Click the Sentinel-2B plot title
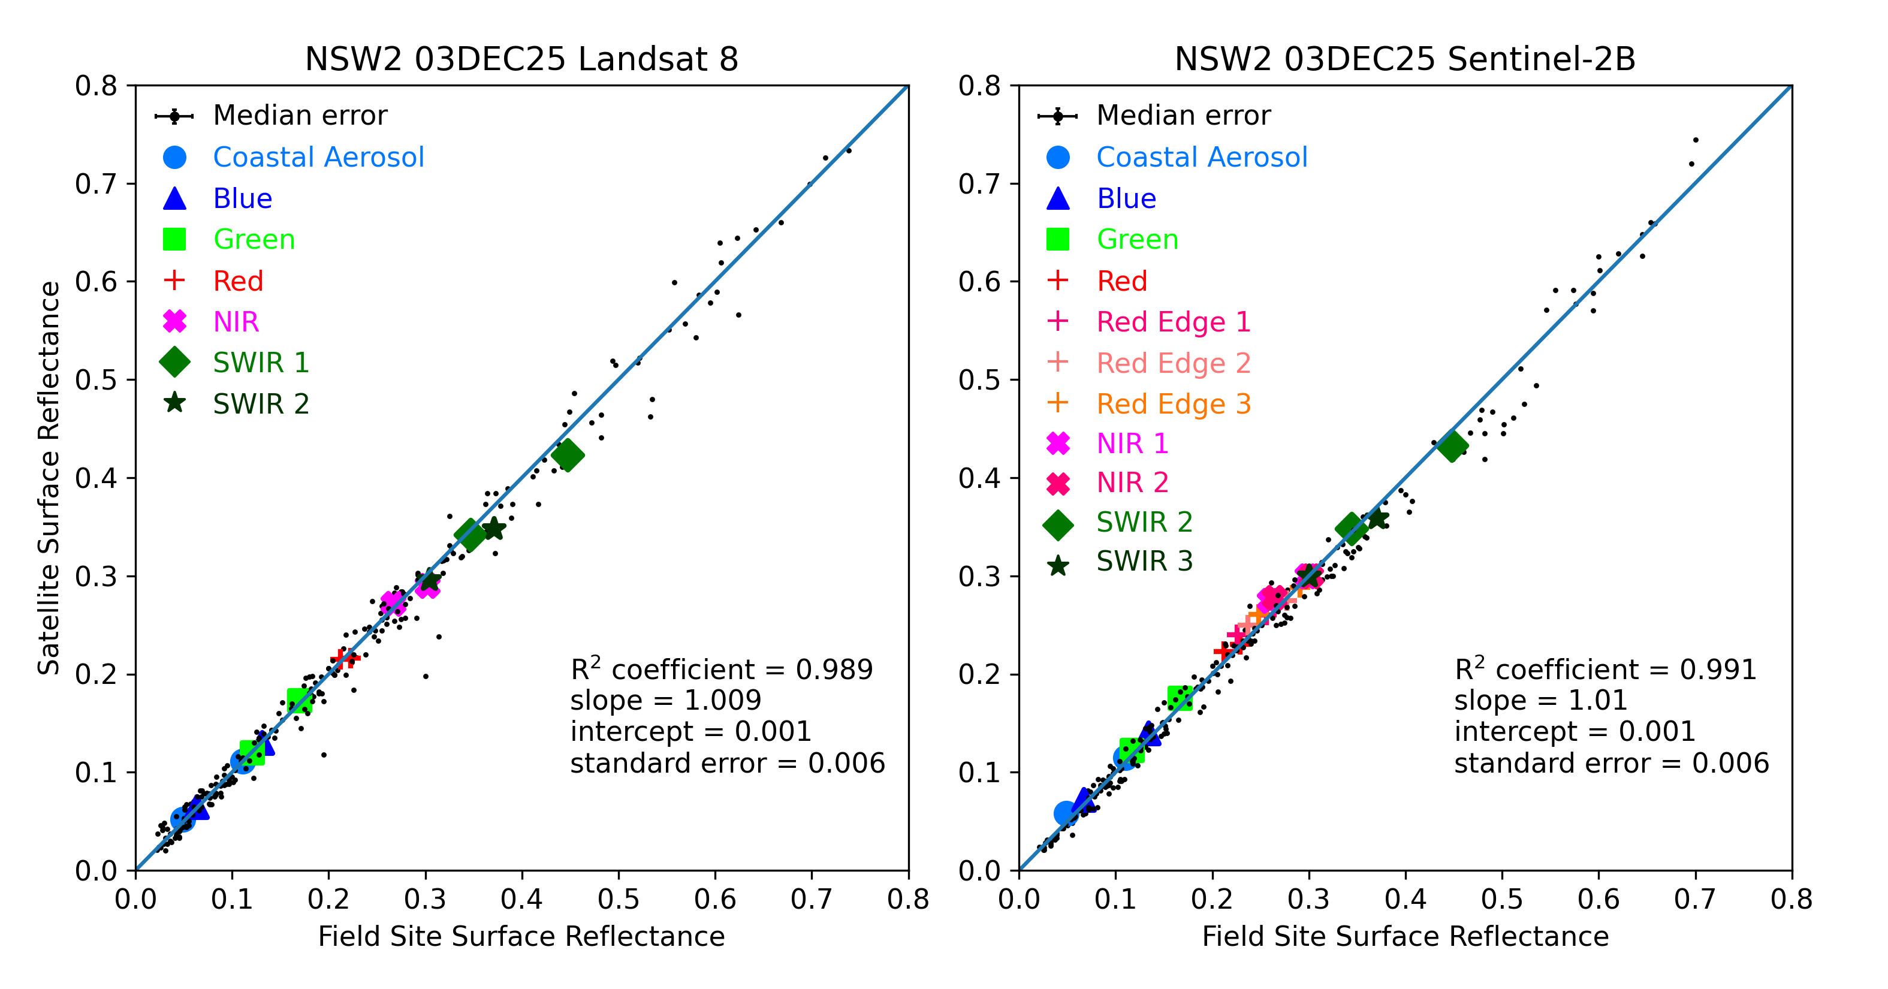[x=1404, y=59]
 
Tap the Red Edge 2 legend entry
[x=1173, y=363]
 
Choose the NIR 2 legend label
[x=1132, y=483]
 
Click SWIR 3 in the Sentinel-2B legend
[x=1144, y=562]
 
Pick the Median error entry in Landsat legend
[x=299, y=115]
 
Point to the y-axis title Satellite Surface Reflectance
[x=49, y=477]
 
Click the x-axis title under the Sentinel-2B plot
[x=1404, y=937]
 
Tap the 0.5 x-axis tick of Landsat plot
[x=618, y=899]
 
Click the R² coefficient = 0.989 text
[x=721, y=670]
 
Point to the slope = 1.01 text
[x=1540, y=700]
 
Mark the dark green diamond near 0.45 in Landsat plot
[x=567, y=456]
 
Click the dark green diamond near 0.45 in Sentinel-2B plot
[x=1452, y=446]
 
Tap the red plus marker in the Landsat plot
[x=345, y=658]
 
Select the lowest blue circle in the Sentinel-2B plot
[x=1066, y=813]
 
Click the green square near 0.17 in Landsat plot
[x=298, y=700]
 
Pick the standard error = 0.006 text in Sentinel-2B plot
[x=1611, y=763]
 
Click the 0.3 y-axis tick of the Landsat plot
[x=95, y=576]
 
